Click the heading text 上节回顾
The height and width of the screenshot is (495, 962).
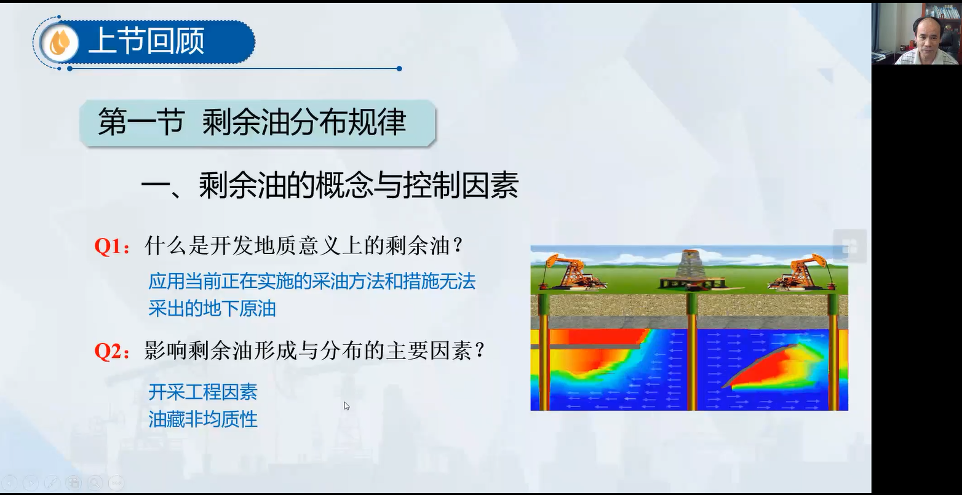146,41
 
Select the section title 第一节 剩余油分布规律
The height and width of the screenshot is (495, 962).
252,122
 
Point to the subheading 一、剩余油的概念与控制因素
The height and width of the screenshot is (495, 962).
330,186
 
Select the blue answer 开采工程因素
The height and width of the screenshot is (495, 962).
203,392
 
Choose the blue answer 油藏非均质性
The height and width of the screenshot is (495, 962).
203,419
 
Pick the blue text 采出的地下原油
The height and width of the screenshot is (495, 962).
212,309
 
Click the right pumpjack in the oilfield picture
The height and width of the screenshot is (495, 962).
801,272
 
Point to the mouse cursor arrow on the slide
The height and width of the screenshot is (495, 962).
346,406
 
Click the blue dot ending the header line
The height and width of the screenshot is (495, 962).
399,69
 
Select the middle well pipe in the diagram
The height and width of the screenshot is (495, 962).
691,352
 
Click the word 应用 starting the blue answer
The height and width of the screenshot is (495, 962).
166,282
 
